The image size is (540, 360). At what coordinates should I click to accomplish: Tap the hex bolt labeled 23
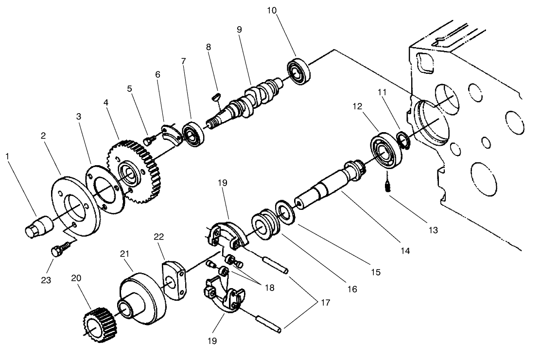click(x=56, y=252)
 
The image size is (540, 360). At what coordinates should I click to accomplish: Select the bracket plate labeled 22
click(x=174, y=281)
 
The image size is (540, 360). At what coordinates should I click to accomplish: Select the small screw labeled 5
click(x=150, y=140)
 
